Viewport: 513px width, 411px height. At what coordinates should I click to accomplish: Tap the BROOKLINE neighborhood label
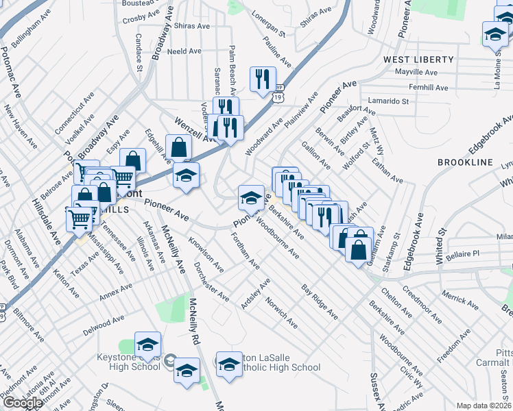click(x=465, y=162)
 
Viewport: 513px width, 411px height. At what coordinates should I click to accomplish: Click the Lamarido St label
click(x=388, y=101)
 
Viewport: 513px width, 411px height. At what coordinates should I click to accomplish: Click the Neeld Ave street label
click(x=184, y=51)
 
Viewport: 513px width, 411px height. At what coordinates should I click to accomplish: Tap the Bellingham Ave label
click(x=27, y=28)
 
